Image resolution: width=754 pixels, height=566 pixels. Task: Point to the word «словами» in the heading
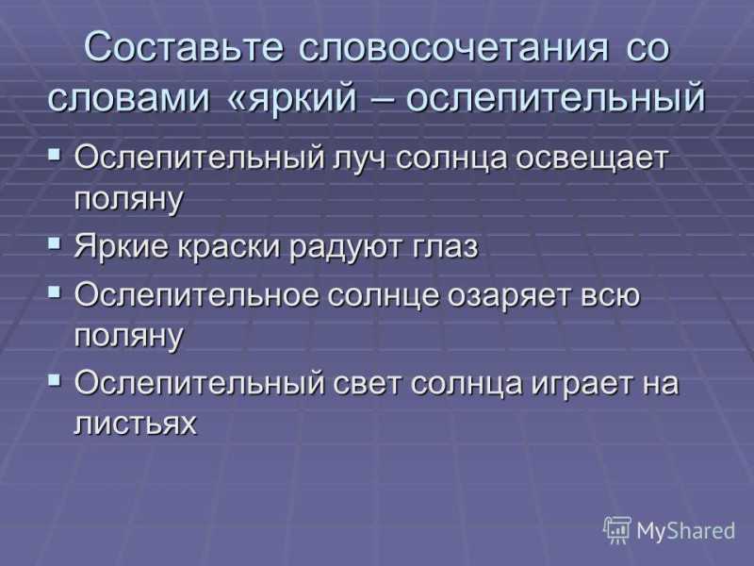(129, 98)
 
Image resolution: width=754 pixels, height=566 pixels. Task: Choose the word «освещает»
(592, 158)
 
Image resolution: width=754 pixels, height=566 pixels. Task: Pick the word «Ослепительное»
(196, 294)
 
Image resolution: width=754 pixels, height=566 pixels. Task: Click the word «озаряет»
(509, 295)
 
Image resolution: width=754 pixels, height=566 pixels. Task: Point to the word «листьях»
(136, 424)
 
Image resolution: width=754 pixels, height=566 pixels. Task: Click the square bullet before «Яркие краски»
(55, 242)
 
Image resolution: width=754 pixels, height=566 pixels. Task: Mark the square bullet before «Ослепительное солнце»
(55, 291)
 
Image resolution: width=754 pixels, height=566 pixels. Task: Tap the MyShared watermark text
(686, 531)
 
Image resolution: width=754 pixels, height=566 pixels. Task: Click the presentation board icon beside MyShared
(617, 529)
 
